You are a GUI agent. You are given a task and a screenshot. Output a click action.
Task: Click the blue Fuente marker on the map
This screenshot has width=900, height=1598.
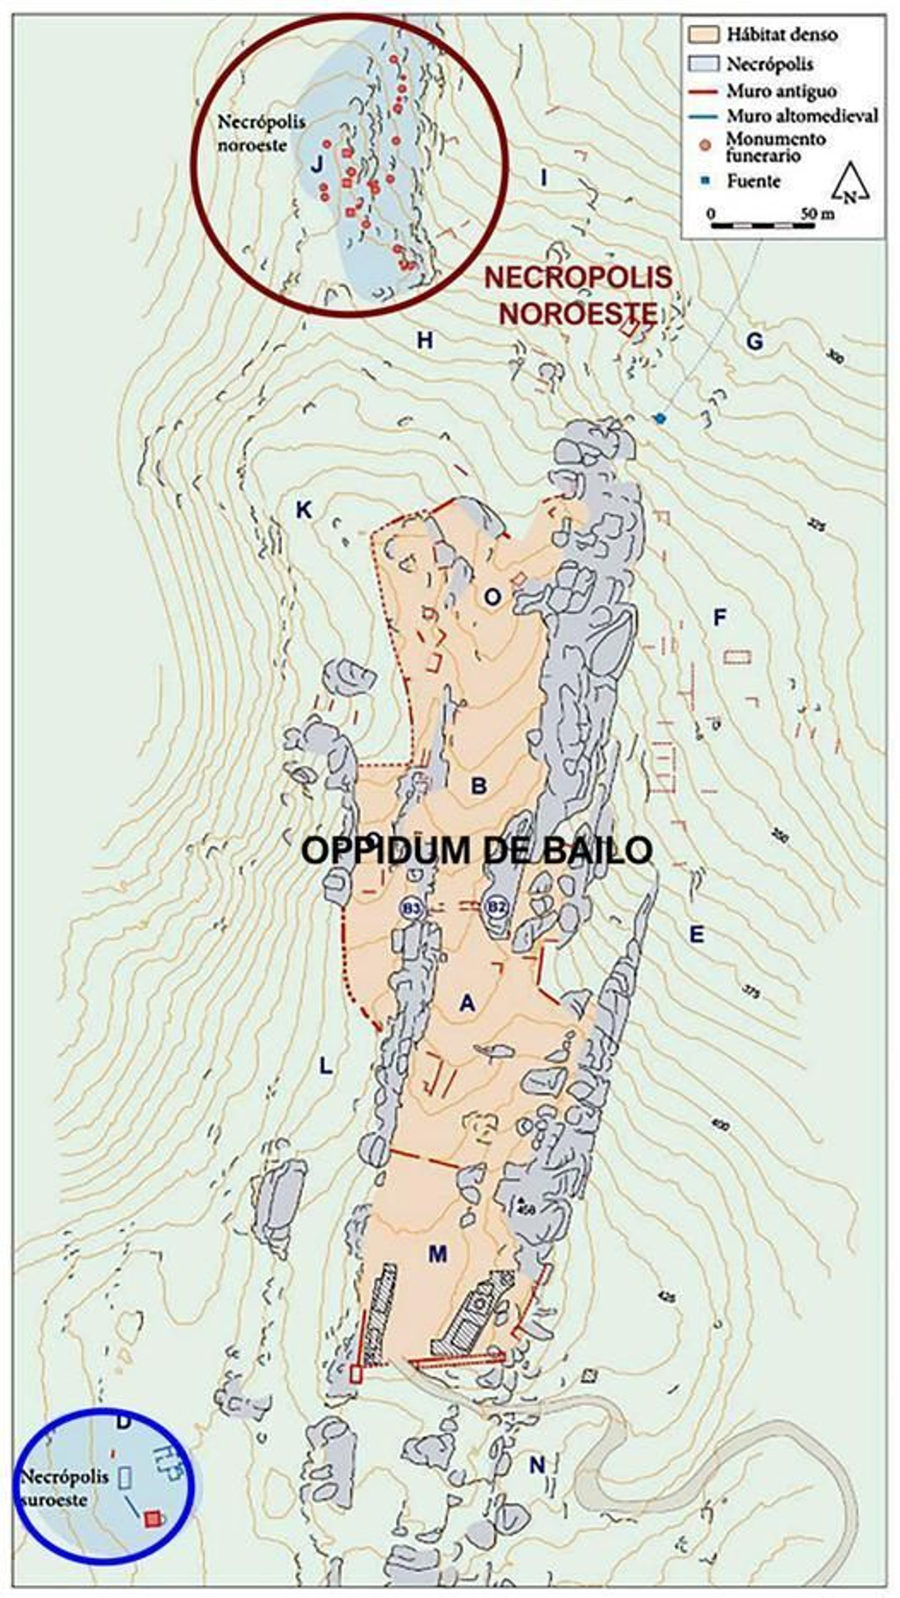click(660, 418)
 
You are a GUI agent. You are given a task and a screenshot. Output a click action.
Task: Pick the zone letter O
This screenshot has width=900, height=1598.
click(492, 597)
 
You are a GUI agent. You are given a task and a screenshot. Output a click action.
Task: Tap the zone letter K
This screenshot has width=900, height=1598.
click(303, 510)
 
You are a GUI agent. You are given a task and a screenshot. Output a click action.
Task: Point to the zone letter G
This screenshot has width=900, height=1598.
click(754, 340)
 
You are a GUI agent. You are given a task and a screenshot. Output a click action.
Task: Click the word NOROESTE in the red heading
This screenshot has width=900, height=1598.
click(578, 314)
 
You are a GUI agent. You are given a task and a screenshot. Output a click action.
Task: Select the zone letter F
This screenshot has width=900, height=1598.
click(719, 617)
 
